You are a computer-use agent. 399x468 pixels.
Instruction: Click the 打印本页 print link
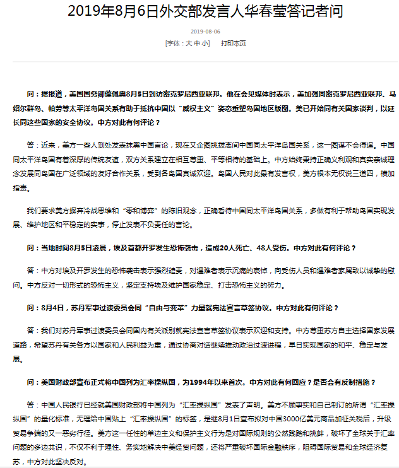coord(233,43)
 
